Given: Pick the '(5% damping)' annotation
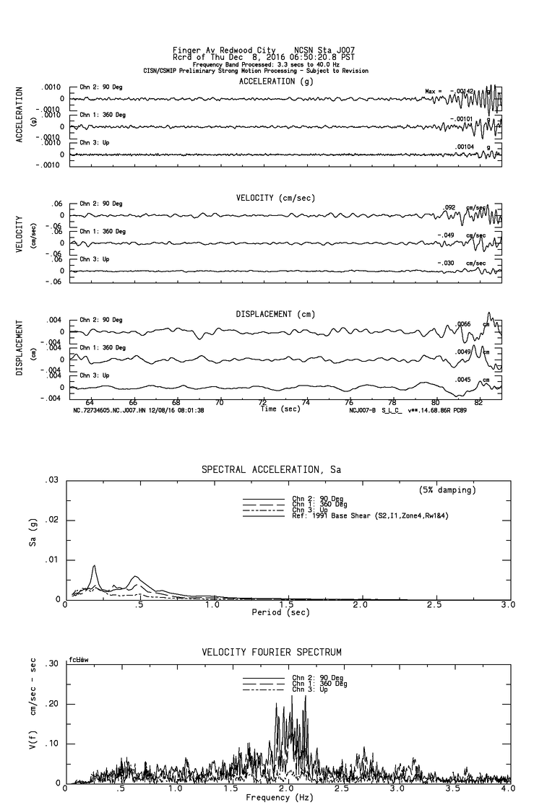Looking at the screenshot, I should (447, 490).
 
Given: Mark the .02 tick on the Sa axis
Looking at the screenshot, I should (51, 520).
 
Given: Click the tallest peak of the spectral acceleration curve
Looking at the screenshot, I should (94, 566).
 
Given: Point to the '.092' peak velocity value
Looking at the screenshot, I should (450, 207).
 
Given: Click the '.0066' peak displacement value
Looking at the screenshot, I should (462, 324).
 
